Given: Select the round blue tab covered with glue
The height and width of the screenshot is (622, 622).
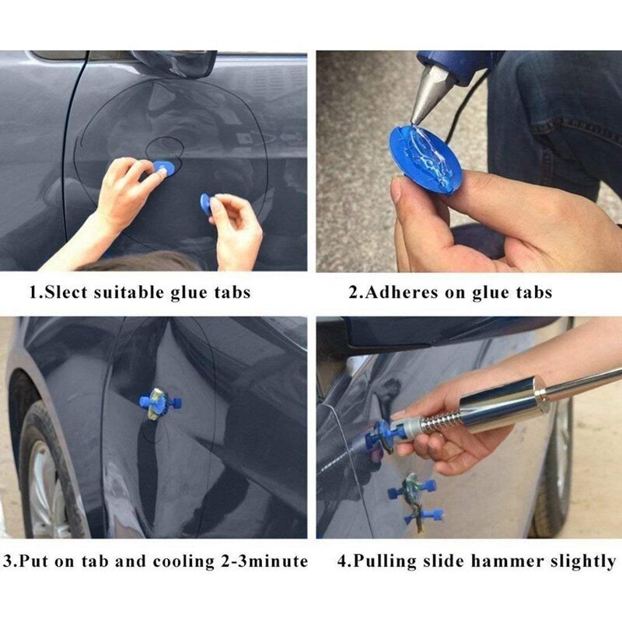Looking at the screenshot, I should click(425, 159).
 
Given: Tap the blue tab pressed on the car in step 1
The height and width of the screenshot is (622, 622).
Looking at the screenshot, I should click(162, 168).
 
